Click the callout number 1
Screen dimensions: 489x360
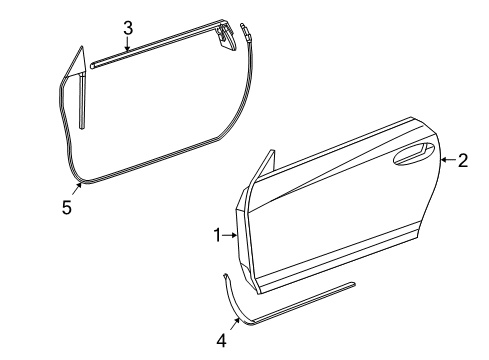coord(217,235)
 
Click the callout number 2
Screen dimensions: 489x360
coord(462,160)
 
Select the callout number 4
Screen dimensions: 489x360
coord(221,340)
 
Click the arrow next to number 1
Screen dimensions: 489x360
coord(231,235)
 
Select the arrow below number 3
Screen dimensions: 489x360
coord(128,47)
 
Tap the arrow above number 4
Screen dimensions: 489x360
coord(235,322)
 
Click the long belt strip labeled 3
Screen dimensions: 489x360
coord(150,56)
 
